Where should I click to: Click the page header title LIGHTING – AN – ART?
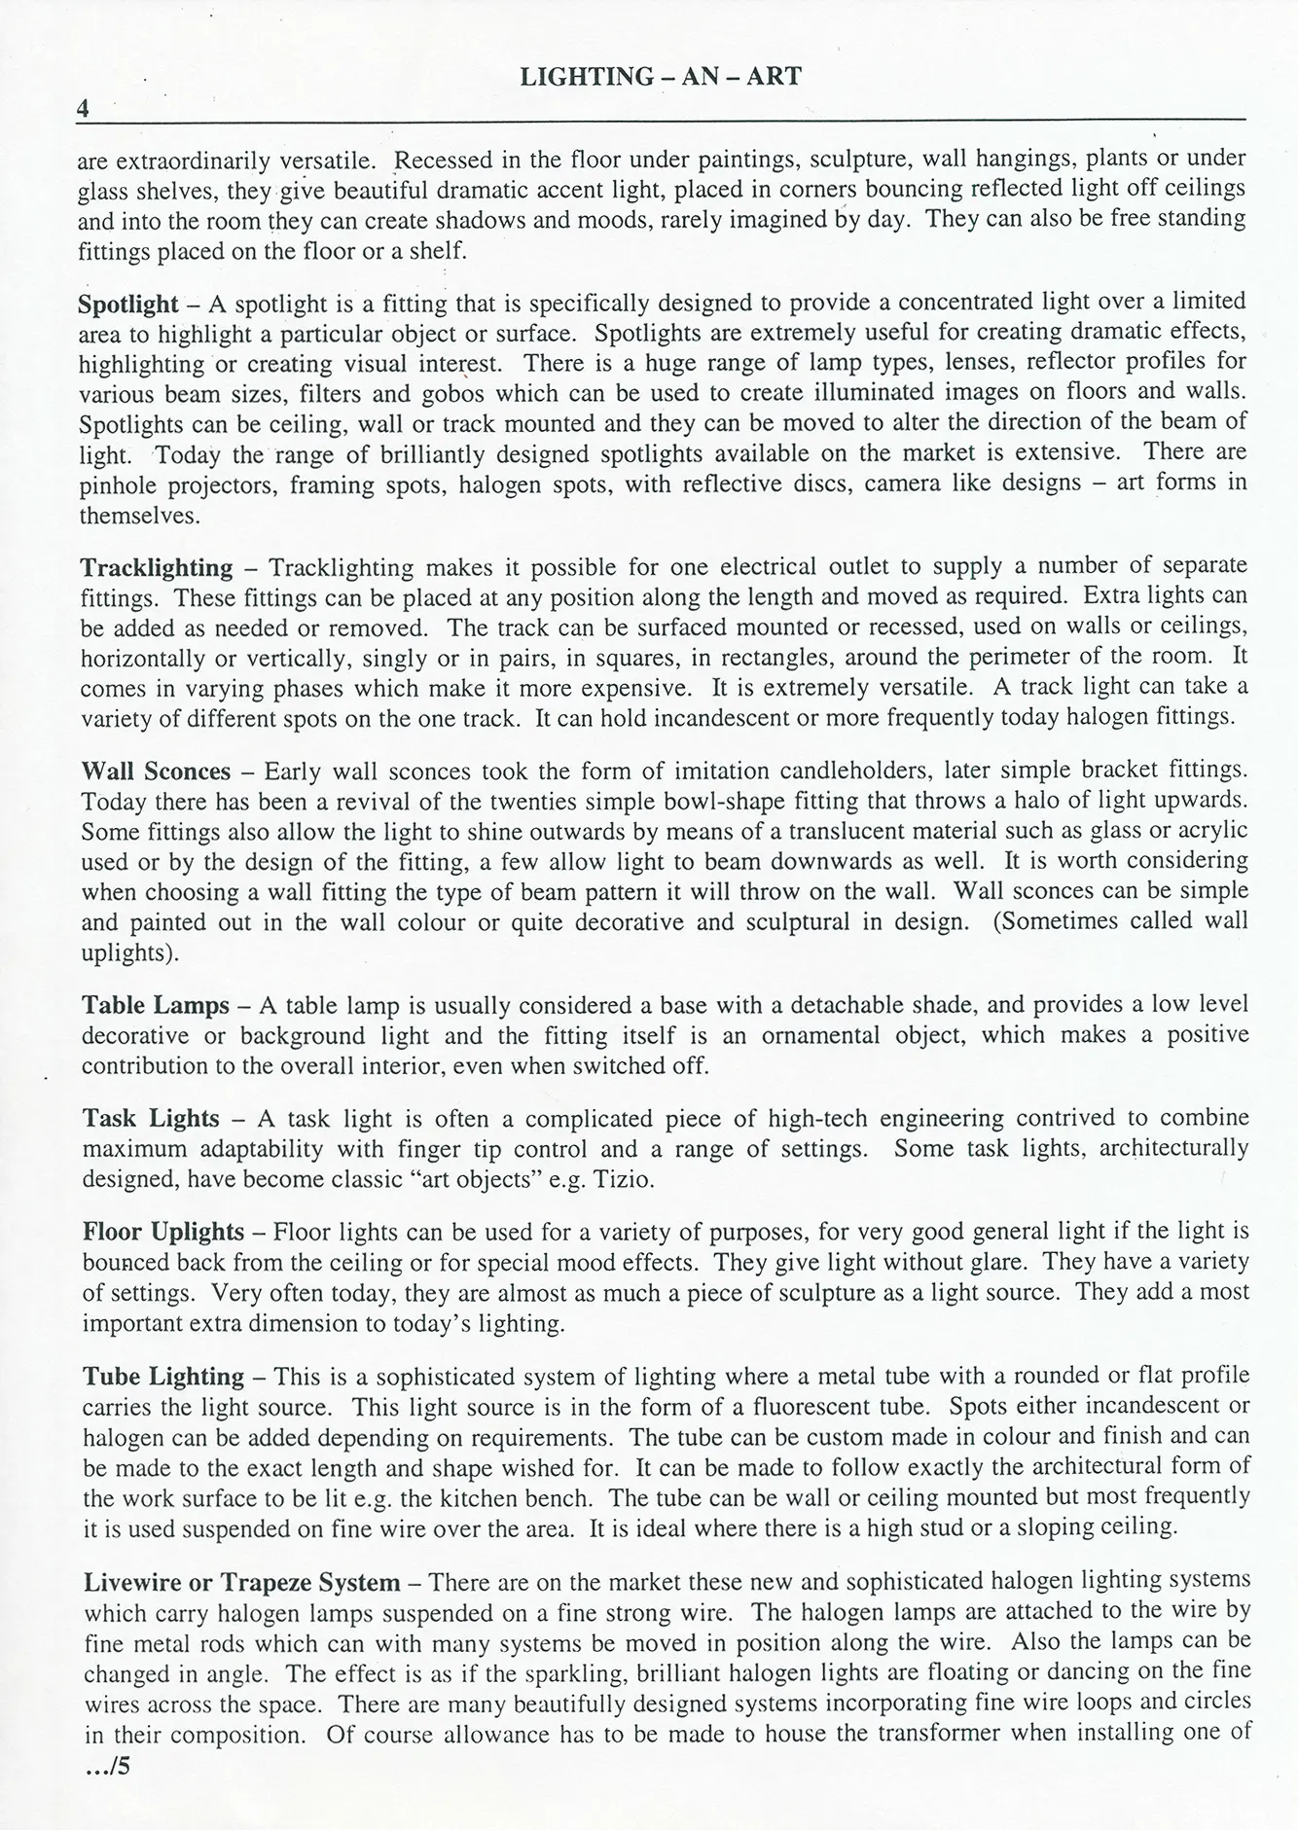[661, 77]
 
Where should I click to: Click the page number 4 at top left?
[84, 108]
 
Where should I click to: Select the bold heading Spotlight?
[128, 304]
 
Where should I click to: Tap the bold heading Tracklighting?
[157, 567]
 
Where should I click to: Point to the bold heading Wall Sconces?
[156, 771]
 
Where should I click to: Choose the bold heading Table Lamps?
[156, 1005]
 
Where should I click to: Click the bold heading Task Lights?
[151, 1119]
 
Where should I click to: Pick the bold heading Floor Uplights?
[163, 1232]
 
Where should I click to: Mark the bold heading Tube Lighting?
[163, 1377]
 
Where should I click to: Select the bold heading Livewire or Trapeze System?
[242, 1583]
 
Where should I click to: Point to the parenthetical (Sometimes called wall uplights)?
[1119, 921]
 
